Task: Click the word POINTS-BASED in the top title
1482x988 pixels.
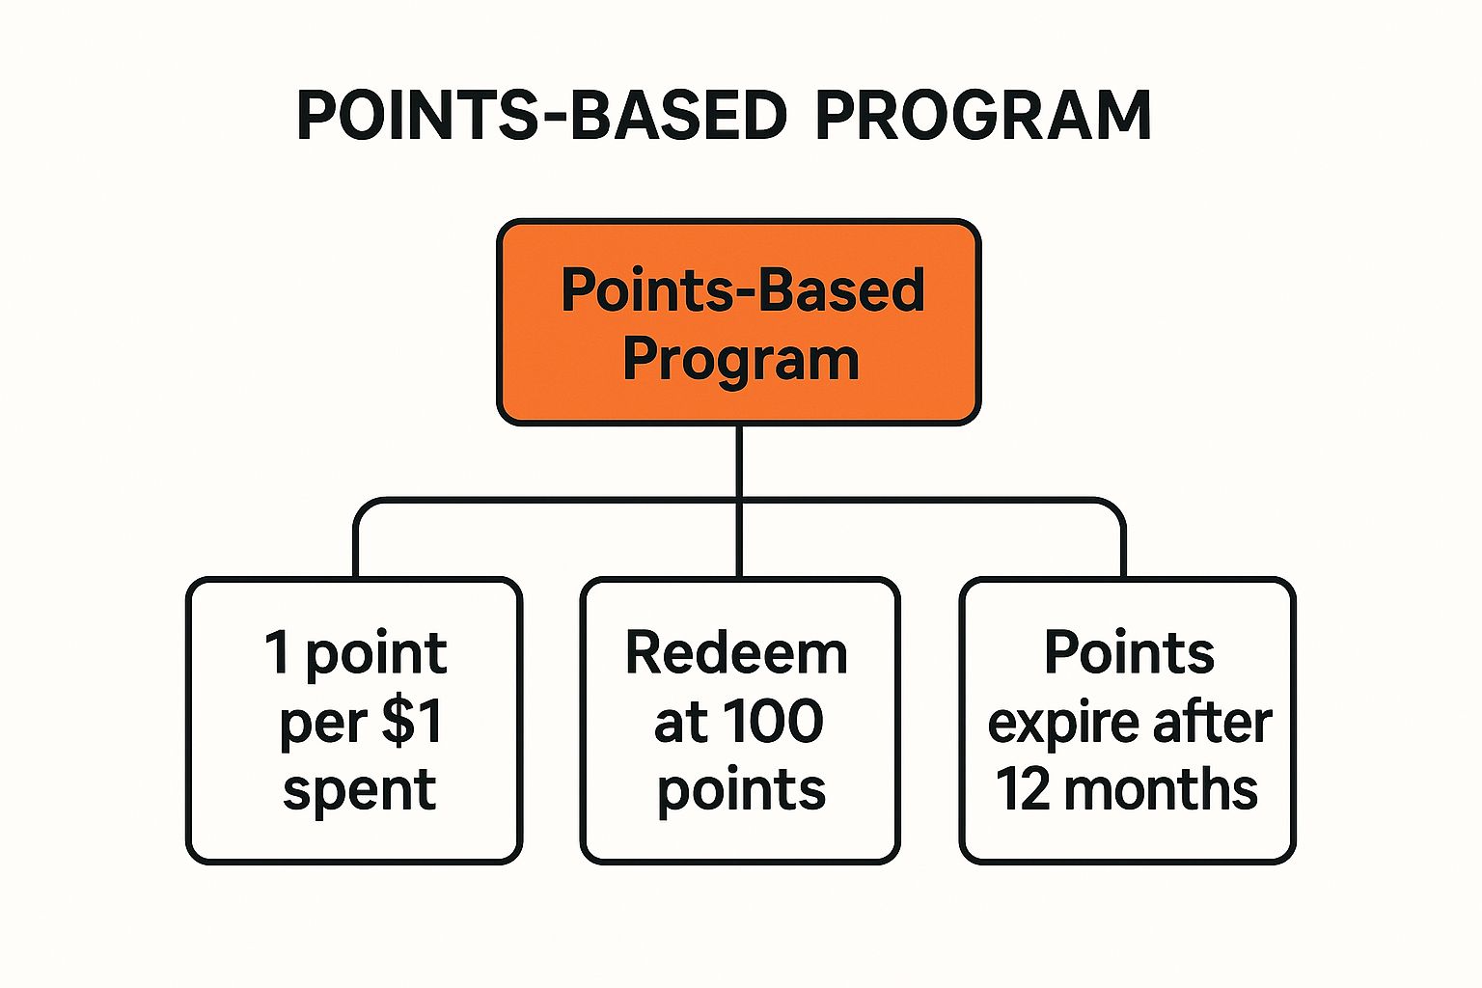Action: click(x=542, y=115)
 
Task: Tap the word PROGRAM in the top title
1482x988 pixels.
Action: click(x=983, y=115)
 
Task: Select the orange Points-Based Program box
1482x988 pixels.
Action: click(x=738, y=321)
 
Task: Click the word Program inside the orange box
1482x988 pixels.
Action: click(x=741, y=361)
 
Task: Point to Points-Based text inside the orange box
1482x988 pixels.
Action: click(x=742, y=290)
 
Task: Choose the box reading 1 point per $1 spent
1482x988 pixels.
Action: click(x=354, y=721)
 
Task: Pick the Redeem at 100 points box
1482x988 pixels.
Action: click(x=740, y=721)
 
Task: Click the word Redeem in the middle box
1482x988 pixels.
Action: click(x=736, y=653)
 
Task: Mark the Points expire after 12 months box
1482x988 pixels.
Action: click(x=1127, y=721)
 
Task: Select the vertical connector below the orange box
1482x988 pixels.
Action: click(x=739, y=501)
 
